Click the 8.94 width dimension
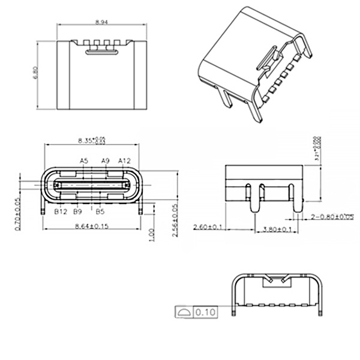(101, 22)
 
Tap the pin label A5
(84, 161)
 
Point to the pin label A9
(105, 161)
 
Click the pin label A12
(124, 161)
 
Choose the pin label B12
(60, 212)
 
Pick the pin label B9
(77, 212)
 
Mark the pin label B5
(100, 212)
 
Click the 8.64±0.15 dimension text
(91, 226)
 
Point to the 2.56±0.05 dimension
(175, 220)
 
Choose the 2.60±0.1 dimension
(208, 227)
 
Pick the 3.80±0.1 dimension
(275, 229)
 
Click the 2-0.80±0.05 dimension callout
(332, 216)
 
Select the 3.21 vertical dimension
(316, 149)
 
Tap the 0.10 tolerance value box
(206, 313)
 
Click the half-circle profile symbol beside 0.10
(183, 313)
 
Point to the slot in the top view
(101, 52)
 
